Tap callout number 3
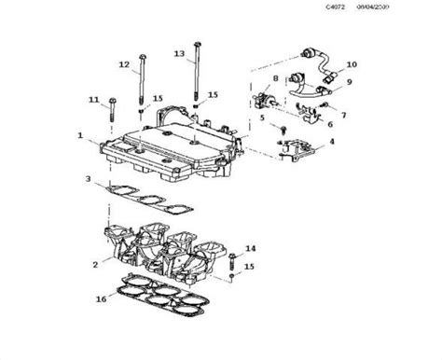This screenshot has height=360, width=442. pos(88,178)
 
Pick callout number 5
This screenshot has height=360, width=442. pos(264,118)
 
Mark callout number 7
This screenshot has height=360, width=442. pos(342,116)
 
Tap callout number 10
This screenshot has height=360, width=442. pos(352,64)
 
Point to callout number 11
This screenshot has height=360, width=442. pos(93,99)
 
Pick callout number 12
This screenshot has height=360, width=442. pos(124,64)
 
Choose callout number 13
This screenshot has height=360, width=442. pos(179,54)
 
